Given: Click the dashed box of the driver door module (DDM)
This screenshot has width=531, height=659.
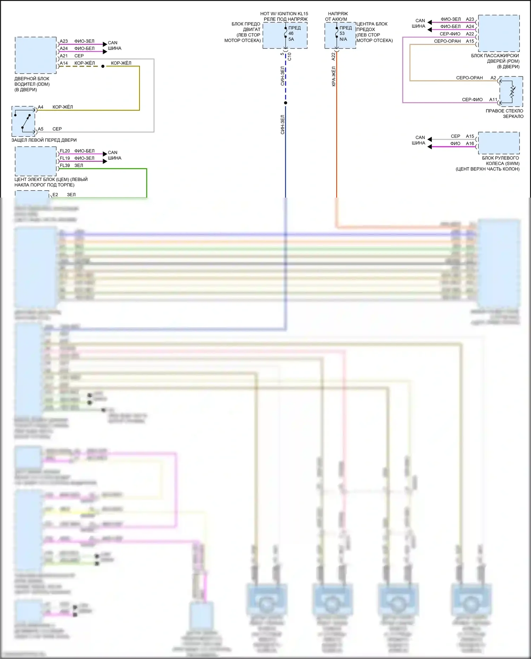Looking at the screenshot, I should tap(35, 55).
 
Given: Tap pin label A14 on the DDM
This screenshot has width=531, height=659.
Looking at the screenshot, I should tap(64, 63).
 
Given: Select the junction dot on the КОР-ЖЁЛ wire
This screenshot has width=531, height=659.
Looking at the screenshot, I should tap(103, 66).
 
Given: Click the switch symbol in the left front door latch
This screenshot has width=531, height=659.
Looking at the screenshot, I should tap(24, 121).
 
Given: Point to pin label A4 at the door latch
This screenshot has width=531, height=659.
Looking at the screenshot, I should tap(41, 107).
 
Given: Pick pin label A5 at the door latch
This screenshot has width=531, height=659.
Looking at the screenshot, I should tap(41, 129).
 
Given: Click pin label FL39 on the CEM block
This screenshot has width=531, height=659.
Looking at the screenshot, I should tap(65, 165).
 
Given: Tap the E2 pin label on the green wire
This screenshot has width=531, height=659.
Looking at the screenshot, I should tap(55, 194).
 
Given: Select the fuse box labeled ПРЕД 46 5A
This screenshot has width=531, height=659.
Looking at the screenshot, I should tap(285, 35).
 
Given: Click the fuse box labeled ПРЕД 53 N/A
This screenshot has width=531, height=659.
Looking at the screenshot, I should tap(340, 35).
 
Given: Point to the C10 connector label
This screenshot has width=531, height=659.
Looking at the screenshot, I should tap(290, 56).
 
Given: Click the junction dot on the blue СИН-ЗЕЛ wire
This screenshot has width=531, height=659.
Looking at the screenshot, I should tap(286, 103).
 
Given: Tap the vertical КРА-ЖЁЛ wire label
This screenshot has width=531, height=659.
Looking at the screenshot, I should tap(333, 76).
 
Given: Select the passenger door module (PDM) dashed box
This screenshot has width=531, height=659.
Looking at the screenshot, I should tap(498, 33).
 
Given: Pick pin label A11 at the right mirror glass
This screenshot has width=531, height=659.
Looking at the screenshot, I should tap(493, 100).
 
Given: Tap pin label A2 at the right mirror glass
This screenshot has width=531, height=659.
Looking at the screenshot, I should tap(493, 78).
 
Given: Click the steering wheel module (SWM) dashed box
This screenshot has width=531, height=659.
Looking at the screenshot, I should tap(498, 143).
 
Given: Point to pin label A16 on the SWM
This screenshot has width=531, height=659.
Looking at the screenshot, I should tap(470, 143).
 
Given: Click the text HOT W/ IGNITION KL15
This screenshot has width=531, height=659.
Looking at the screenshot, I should tap(284, 14).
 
